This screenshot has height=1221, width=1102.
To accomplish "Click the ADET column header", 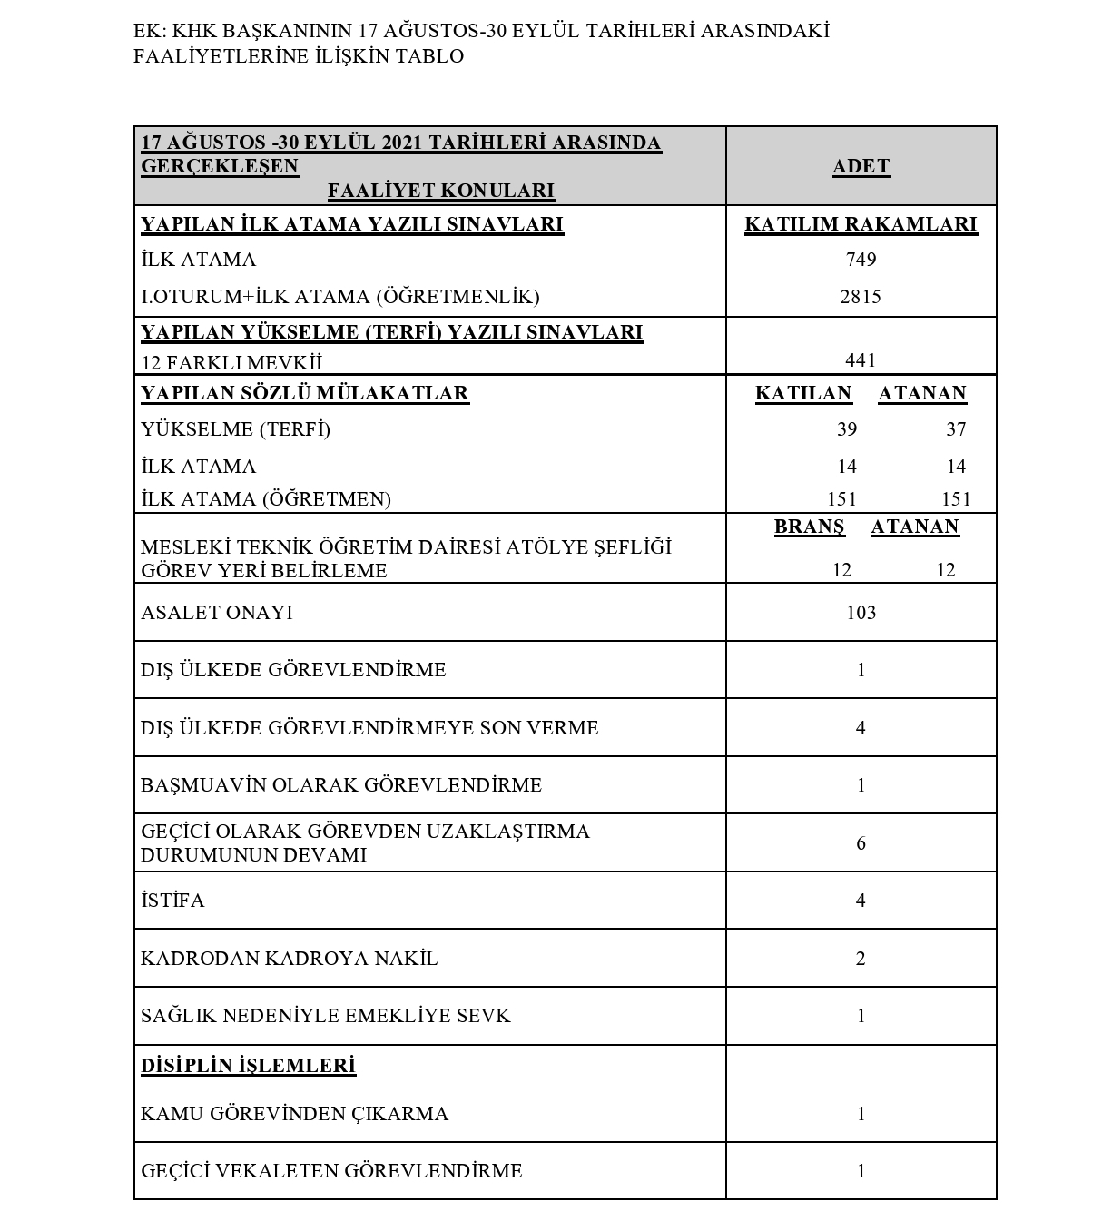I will click(x=861, y=167).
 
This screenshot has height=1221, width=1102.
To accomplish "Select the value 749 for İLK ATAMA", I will click(x=861, y=260).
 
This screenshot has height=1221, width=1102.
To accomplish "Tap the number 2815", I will click(x=861, y=297).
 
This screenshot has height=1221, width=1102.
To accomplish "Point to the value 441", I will click(x=861, y=360).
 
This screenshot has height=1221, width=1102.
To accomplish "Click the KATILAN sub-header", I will click(x=803, y=394).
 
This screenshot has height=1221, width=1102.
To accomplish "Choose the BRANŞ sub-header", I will click(x=809, y=527).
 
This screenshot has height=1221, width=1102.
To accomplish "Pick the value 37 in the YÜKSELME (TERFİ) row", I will click(x=956, y=429).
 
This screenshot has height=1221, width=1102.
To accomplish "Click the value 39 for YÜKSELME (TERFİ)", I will click(x=847, y=429).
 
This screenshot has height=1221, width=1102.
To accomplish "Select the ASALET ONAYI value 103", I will click(x=861, y=613).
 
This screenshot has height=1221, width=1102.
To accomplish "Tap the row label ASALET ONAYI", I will click(x=217, y=613).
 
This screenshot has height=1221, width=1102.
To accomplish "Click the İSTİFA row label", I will click(x=173, y=901).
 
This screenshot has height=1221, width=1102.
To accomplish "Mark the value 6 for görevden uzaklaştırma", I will click(x=861, y=843).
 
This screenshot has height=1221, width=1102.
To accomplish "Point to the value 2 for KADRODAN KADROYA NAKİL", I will click(x=861, y=959).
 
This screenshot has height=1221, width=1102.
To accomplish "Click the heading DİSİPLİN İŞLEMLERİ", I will click(x=248, y=1066).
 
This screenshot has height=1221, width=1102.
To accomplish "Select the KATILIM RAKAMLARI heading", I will click(x=861, y=225).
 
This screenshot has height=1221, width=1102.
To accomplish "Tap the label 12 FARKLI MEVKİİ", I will click(x=231, y=363).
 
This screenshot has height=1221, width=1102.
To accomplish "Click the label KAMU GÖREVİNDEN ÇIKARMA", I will click(x=294, y=1114).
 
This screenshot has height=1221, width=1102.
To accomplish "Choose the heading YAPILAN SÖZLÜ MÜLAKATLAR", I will click(x=305, y=394).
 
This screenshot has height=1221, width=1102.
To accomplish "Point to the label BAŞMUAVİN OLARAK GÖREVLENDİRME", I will click(x=341, y=785).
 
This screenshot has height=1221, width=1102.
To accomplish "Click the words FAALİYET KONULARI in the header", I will click(x=440, y=191).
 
